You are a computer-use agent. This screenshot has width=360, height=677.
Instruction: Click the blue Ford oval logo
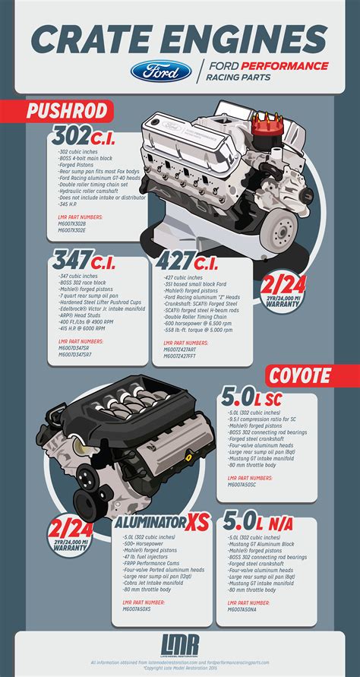(160, 72)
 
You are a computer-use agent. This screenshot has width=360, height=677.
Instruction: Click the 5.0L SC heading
(263, 398)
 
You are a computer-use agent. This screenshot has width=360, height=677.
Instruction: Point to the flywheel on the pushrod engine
(284, 227)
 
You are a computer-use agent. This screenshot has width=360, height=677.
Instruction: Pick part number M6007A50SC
(248, 485)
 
